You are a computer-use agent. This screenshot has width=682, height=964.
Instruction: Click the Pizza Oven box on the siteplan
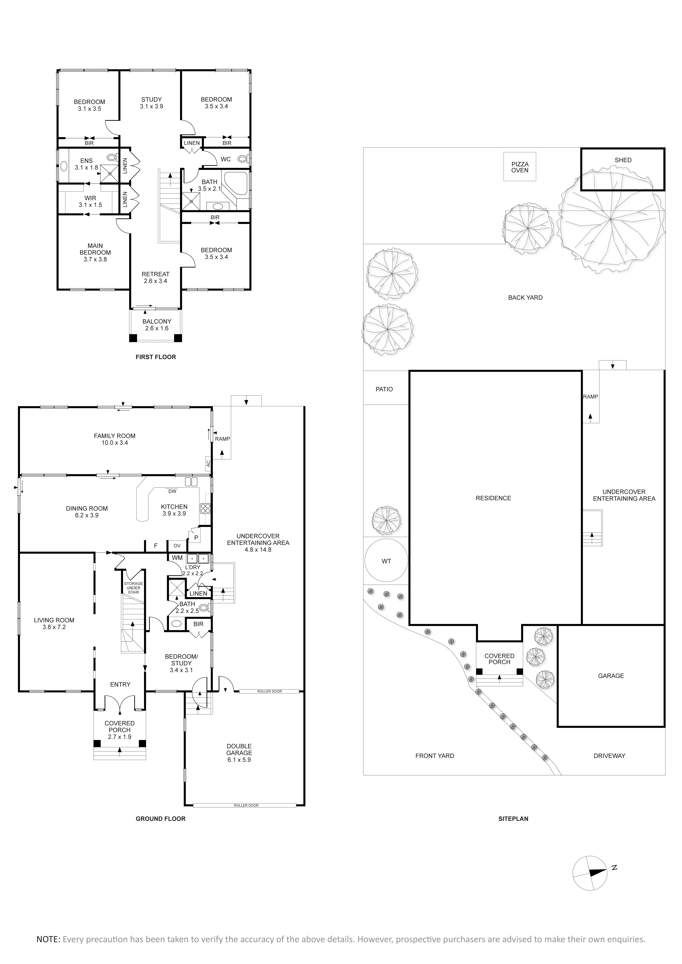520,167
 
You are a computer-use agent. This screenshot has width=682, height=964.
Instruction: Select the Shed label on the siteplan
623,160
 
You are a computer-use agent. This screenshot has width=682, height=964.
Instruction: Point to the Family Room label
115,436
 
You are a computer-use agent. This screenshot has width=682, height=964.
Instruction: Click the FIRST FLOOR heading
156,357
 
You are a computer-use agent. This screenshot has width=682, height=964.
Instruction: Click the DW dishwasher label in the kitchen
172,491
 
